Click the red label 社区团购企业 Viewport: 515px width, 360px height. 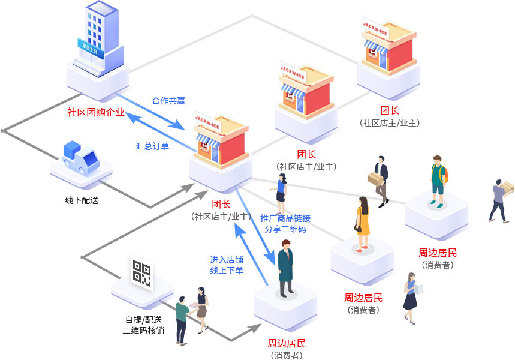[96, 112]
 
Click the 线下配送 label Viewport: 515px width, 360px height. [82, 200]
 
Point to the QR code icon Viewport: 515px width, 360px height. [141, 272]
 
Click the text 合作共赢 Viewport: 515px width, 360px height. [168, 101]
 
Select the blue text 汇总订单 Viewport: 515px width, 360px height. [152, 146]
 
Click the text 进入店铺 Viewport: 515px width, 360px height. [227, 260]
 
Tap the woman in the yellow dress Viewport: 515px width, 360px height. [362, 222]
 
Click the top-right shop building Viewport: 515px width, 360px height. [388, 48]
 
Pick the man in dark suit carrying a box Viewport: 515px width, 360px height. [381, 180]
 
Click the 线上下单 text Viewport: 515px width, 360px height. [227, 271]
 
